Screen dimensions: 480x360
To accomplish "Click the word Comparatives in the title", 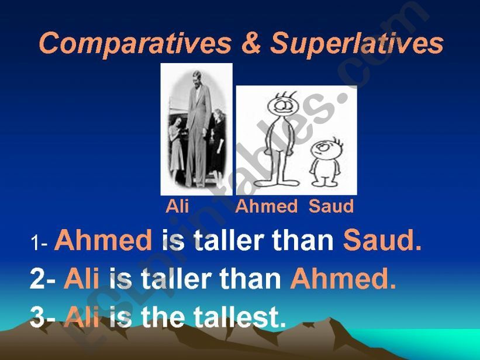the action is pyautogui.click(x=135, y=43).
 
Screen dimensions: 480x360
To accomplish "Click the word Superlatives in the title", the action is pyautogui.click(x=357, y=43).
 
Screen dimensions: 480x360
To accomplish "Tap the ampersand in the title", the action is pyautogui.click(x=251, y=43).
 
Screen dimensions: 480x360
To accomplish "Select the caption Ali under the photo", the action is pyautogui.click(x=177, y=206).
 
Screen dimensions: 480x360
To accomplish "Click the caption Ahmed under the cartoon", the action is pyautogui.click(x=267, y=206).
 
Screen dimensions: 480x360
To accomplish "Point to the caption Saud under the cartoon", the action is pyautogui.click(x=331, y=206).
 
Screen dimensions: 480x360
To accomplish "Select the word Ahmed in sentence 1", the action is pyautogui.click(x=103, y=240).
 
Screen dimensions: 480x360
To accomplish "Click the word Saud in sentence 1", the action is pyautogui.click(x=382, y=240).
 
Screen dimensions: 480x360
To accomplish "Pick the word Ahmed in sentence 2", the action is pyautogui.click(x=343, y=279).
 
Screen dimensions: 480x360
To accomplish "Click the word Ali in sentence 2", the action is pyautogui.click(x=81, y=279).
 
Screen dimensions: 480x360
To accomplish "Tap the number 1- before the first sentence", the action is pyautogui.click(x=39, y=244).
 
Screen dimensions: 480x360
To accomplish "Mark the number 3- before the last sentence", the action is pyautogui.click(x=43, y=317).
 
